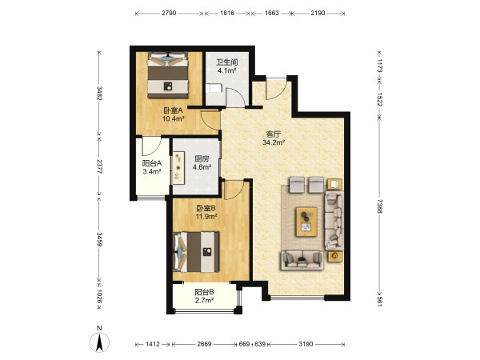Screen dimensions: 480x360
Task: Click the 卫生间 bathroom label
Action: [227, 62]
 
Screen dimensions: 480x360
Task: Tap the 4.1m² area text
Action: [227, 70]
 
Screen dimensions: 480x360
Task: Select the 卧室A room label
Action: [173, 110]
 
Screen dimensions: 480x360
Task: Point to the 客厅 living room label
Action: [274, 134]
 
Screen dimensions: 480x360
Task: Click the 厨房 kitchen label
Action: [202, 159]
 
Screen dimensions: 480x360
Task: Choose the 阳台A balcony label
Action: [152, 163]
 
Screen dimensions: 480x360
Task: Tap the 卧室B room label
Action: [206, 209]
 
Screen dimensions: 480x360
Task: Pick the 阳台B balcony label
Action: [204, 292]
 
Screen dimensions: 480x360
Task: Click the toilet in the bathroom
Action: [214, 89]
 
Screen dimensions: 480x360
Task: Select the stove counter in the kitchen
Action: [178, 167]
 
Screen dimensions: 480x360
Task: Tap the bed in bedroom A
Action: [168, 75]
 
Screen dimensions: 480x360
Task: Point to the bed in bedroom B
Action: [196, 252]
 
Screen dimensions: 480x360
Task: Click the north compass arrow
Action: [99, 342]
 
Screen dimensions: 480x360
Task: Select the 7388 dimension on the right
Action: [379, 206]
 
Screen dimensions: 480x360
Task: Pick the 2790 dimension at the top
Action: [169, 13]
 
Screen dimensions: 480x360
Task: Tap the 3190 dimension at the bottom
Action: [306, 344]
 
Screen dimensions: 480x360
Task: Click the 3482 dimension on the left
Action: [99, 93]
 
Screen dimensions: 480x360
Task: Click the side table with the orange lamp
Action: [335, 256]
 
